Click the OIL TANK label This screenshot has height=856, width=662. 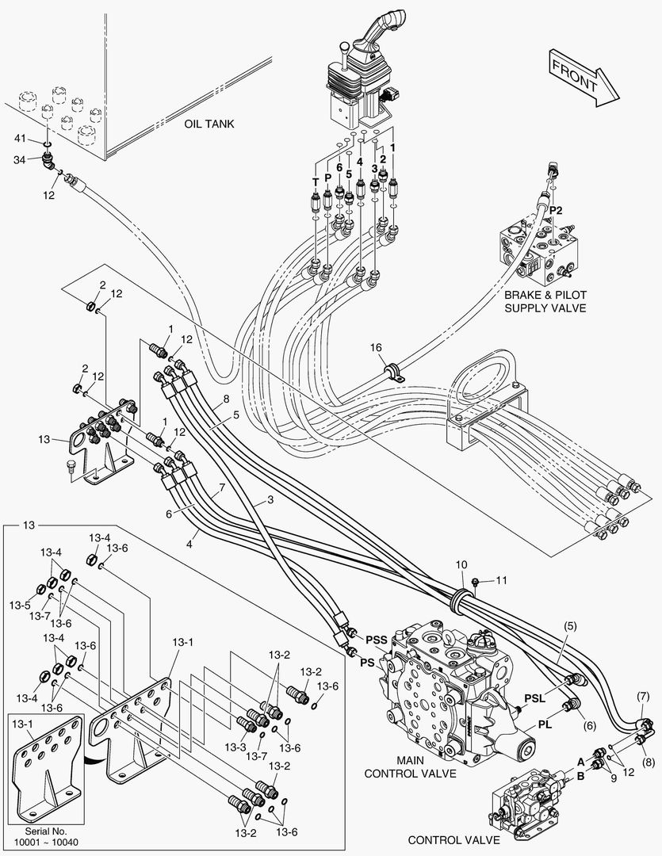click(209, 124)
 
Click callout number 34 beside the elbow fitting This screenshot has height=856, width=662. click(21, 159)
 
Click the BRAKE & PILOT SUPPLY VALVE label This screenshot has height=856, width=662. click(545, 301)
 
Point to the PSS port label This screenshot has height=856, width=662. click(376, 639)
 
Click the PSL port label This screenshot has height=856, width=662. click(534, 697)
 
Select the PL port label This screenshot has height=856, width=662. click(545, 723)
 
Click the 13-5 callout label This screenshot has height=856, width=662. click(19, 605)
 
